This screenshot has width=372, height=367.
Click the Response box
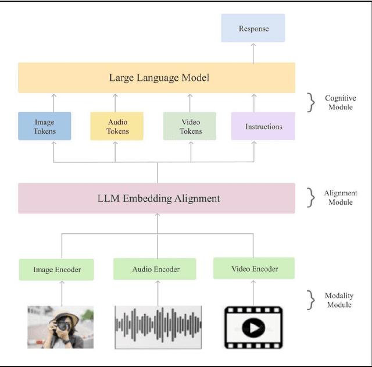(x=253, y=28)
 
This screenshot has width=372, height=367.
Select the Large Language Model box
(x=156, y=78)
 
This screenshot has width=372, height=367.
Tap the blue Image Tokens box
(x=45, y=126)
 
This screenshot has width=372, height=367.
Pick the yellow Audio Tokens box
(x=117, y=126)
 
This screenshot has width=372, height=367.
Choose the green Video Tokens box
(x=190, y=126)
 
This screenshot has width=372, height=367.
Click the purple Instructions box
(x=263, y=126)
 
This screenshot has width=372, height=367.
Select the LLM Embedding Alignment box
(x=156, y=198)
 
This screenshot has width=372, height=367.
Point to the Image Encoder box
(x=56, y=269)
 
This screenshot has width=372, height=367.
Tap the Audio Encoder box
(x=155, y=269)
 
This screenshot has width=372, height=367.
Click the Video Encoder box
(x=254, y=268)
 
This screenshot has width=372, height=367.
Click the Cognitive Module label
(x=340, y=103)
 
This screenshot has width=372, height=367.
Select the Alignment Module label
(x=341, y=197)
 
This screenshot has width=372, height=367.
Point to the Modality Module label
(x=339, y=300)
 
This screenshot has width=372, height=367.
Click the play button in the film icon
(x=253, y=329)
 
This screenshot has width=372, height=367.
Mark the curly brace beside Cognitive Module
(x=312, y=103)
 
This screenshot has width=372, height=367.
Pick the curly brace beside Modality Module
(x=312, y=300)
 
